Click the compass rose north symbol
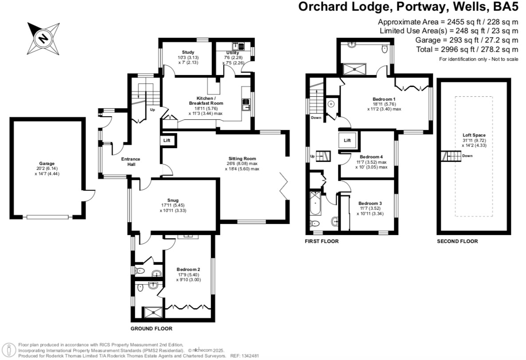[x=43, y=38]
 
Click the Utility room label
[x=232, y=53]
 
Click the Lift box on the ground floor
[x=167, y=140]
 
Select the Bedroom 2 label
[x=188, y=269]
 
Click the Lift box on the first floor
[x=347, y=141]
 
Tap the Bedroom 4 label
[x=371, y=157]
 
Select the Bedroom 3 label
[x=370, y=203]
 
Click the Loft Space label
[x=472, y=135]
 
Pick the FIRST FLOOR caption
[x=322, y=242]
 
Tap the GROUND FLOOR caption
[x=151, y=329]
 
